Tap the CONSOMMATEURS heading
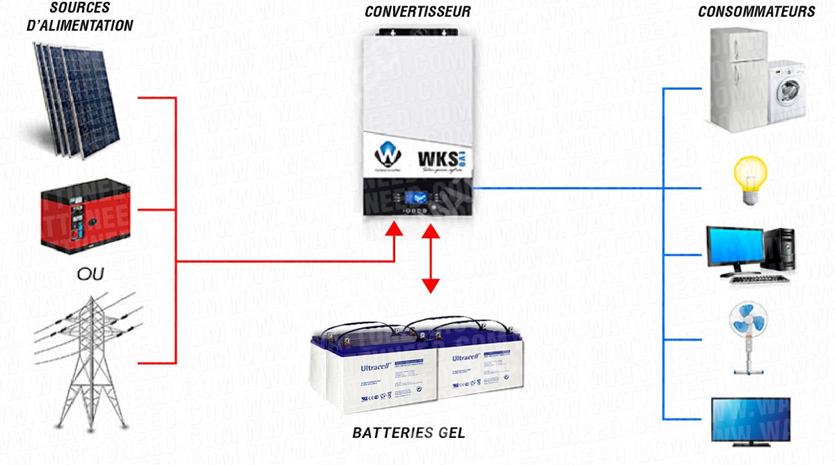click(x=756, y=12)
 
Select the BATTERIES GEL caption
click(x=408, y=433)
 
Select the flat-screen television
click(x=751, y=420)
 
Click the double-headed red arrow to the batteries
click(x=431, y=256)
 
